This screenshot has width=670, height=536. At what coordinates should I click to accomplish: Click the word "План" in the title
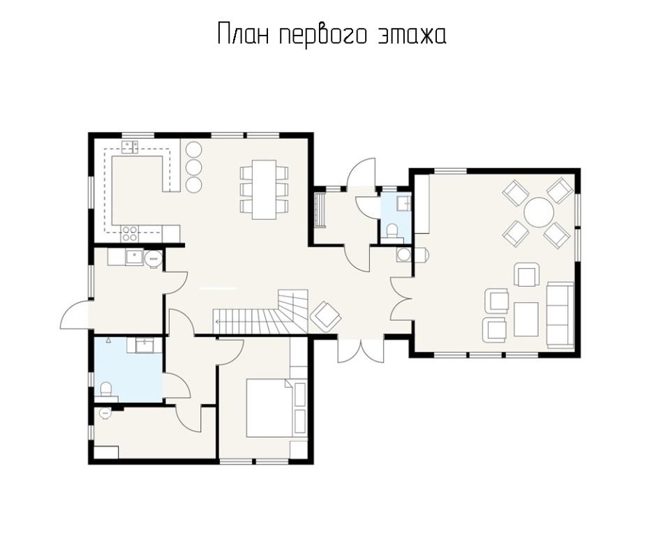pyautogui.click(x=244, y=33)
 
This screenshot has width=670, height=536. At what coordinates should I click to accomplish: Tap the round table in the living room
pyautogui.click(x=539, y=212)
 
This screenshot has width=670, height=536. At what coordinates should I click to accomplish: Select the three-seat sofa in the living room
pyautogui.click(x=560, y=314)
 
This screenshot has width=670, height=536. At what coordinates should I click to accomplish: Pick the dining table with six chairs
pyautogui.click(x=264, y=189)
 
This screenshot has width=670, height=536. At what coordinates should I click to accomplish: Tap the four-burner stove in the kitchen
pyautogui.click(x=130, y=233)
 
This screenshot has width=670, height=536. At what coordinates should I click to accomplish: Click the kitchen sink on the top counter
pyautogui.click(x=130, y=147)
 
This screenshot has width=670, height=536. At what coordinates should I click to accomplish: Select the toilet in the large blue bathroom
pyautogui.click(x=105, y=389)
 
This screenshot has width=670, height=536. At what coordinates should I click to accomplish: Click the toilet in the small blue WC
pyautogui.click(x=392, y=232)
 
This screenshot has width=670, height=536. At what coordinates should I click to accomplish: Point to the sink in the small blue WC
pyautogui.click(x=403, y=202)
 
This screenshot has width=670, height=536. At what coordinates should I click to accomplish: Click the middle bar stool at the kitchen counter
pyautogui.click(x=194, y=166)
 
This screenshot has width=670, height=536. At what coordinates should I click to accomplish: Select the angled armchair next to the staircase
pyautogui.click(x=327, y=315)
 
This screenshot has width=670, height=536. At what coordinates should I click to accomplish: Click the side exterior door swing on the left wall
pyautogui.click(x=75, y=314)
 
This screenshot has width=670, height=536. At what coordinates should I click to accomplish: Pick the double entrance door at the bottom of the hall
pyautogui.click(x=361, y=351)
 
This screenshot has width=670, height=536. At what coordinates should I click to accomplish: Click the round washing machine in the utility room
pyautogui.click(x=154, y=258)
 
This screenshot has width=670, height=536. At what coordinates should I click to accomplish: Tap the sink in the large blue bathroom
pyautogui.click(x=145, y=345)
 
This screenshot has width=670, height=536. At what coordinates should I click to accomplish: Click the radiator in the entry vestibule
pyautogui.click(x=320, y=210)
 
